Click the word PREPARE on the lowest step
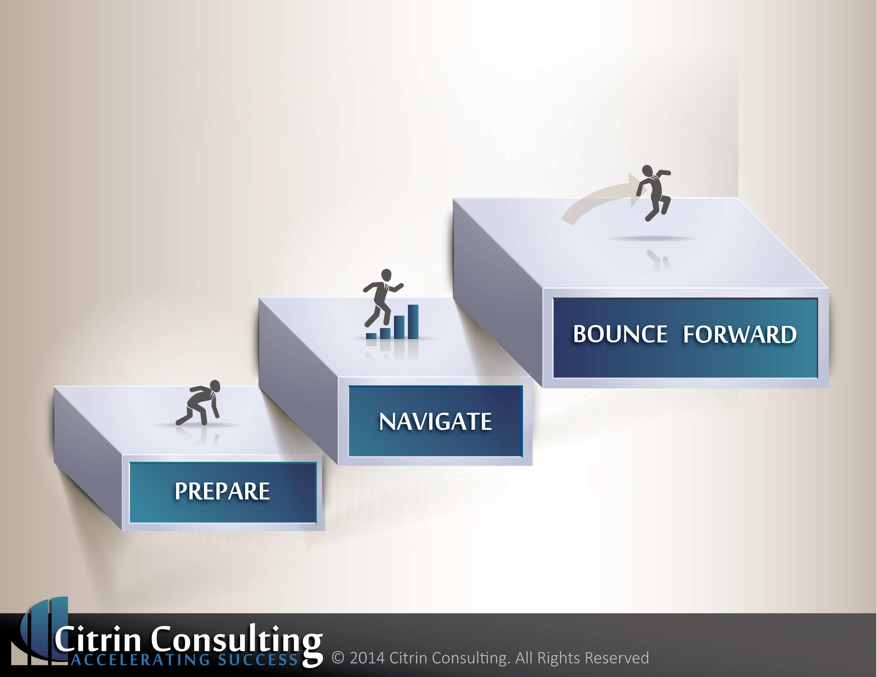pos(222,491)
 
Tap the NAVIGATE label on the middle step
pos(435,422)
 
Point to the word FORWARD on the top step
pos(740,334)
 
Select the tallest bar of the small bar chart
pos(413,322)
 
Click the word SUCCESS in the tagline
pos(258,660)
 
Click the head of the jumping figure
pos(647,171)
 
